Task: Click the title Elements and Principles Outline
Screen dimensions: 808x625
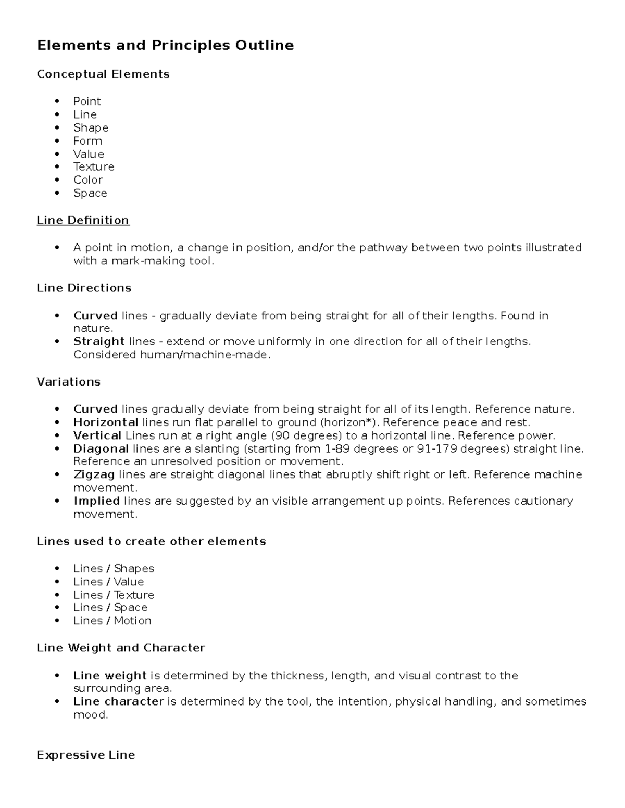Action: coord(165,46)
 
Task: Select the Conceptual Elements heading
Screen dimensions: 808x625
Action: coord(103,74)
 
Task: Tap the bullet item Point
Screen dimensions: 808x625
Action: coord(87,101)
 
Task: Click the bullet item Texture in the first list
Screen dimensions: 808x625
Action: coord(94,167)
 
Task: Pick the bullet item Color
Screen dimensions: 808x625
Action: coord(88,180)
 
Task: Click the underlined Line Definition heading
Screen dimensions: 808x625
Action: coord(83,221)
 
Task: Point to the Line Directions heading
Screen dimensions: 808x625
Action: coord(84,288)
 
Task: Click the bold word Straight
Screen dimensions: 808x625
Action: coord(99,342)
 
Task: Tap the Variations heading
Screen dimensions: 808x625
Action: coord(68,382)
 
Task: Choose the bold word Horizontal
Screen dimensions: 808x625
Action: coord(106,422)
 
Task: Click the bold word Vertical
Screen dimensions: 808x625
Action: coord(97,435)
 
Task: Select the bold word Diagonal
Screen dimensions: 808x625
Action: coord(101,448)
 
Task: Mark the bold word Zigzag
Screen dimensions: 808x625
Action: coord(94,474)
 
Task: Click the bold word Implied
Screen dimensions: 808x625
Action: coord(97,501)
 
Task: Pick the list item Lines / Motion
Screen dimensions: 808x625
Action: coord(113,621)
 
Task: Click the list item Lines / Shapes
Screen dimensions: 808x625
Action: coord(114,569)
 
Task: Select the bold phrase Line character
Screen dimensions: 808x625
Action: coord(118,702)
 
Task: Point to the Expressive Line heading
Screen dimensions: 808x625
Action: coord(86,755)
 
